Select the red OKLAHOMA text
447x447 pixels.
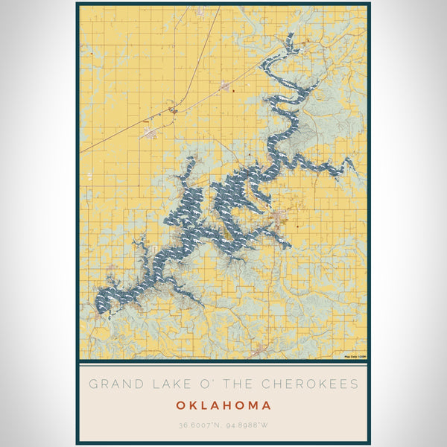[x=223, y=406]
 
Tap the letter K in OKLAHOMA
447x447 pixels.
[x=193, y=406]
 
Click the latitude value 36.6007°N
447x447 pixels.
[x=200, y=426]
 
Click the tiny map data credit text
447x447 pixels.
[x=355, y=357]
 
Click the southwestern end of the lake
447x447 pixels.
[x=98, y=305]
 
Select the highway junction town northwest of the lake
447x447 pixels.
[x=173, y=110]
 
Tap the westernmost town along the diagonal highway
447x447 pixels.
[x=149, y=133]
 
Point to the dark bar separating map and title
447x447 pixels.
[x=223, y=361]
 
